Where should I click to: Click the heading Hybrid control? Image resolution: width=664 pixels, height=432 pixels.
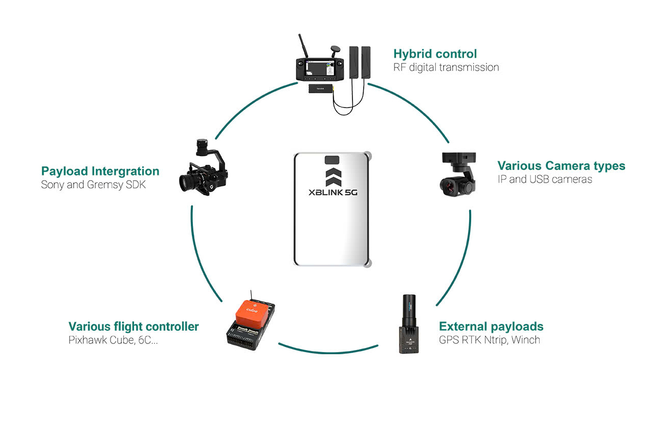click(435, 54)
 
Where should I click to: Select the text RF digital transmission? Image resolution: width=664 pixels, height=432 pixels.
click(446, 68)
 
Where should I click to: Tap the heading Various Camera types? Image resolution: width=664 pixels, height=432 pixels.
click(561, 166)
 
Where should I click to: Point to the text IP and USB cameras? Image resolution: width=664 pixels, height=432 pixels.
click(545, 180)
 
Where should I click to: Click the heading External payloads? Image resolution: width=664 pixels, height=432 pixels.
click(491, 327)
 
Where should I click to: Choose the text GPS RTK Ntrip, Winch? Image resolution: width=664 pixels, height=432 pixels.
click(489, 340)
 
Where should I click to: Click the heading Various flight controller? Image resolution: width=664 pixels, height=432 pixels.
click(134, 327)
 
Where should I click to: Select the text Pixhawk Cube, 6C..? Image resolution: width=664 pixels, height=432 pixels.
click(113, 340)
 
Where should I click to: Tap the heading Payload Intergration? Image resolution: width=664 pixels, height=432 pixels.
click(100, 171)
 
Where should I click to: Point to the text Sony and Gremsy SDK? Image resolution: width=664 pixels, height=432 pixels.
click(93, 185)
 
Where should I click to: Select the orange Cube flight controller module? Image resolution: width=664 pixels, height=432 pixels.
click(252, 313)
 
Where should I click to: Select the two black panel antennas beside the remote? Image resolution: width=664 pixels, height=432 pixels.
click(360, 61)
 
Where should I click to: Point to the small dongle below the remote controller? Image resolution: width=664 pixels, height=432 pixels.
click(320, 89)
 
